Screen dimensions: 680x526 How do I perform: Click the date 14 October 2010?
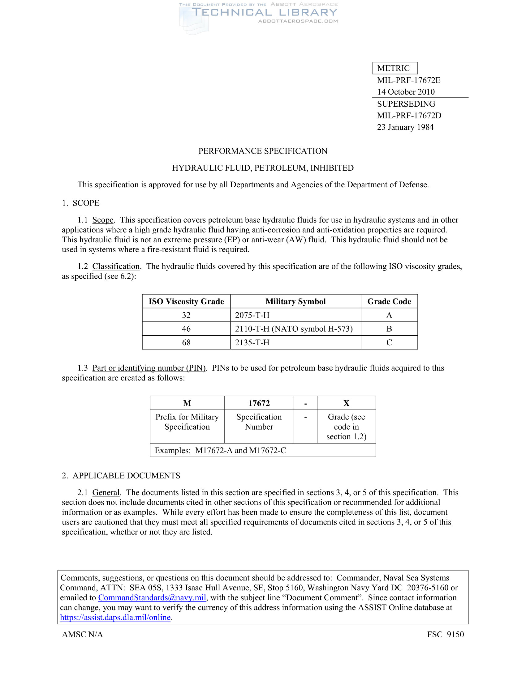[x=406, y=92]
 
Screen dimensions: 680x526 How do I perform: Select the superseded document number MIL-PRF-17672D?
[x=409, y=116]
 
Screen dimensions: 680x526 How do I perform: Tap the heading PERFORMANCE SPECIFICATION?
[x=263, y=151]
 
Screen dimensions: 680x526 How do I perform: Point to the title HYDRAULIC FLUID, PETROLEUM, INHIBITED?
[x=263, y=168]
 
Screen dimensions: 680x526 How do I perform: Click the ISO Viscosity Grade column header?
[x=186, y=301]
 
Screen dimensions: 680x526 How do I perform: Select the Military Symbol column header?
[x=295, y=301]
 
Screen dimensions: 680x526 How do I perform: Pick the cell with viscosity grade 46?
[x=186, y=329]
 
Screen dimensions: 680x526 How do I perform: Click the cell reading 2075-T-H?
[x=252, y=315]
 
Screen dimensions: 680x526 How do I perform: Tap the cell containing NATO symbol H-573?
[x=294, y=329]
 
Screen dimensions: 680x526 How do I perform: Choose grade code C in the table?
[x=389, y=342]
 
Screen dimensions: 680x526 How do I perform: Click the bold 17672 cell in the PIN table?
[x=259, y=403]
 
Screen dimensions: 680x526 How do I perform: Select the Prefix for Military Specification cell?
[x=187, y=422]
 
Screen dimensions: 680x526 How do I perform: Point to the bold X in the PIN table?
[x=346, y=403]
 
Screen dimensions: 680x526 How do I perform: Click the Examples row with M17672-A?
[x=220, y=451]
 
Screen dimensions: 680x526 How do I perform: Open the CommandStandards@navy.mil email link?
[x=152, y=597]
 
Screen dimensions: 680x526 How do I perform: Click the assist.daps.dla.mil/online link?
[x=115, y=618]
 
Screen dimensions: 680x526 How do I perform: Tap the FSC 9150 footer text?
[x=445, y=634]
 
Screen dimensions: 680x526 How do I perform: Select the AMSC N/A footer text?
[x=82, y=634]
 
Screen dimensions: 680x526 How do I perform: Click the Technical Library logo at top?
[x=259, y=14]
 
